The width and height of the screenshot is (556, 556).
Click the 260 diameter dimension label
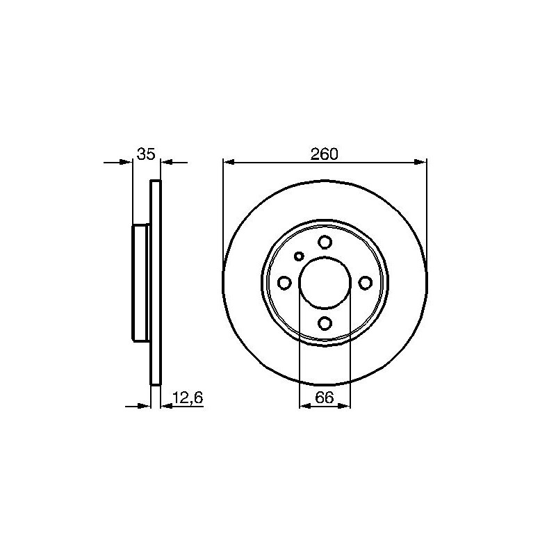pos(325,154)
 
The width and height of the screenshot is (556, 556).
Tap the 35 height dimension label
pos(146,154)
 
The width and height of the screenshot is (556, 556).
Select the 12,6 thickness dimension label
pos(188,398)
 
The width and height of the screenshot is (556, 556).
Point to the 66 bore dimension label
pos(325,398)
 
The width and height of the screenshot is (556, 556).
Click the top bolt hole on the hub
pos(325,242)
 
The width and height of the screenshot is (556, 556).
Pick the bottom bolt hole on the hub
pos(325,323)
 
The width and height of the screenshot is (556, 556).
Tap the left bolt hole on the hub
pos(284,283)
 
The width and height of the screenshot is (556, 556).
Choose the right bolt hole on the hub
pos(366,283)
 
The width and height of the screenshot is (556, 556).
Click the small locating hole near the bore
pos(300,256)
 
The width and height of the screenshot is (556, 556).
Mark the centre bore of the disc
pos(325,283)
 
